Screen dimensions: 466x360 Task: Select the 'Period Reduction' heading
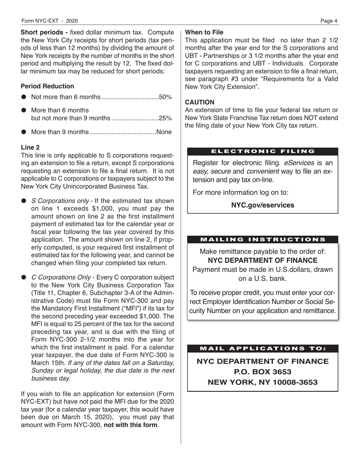coord(47,86)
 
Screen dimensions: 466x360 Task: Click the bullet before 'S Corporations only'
coord(23,200)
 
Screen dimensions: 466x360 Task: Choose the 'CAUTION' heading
coord(199,102)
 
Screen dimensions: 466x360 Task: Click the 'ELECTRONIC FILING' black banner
coord(263,151)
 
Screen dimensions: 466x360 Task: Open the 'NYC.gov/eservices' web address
coord(263,205)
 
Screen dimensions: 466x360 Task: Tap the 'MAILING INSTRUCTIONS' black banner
coord(263,239)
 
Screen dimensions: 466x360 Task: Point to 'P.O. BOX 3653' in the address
coord(263,372)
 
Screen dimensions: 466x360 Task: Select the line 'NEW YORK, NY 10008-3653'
coord(263,382)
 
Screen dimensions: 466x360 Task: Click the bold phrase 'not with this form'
coord(131,425)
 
